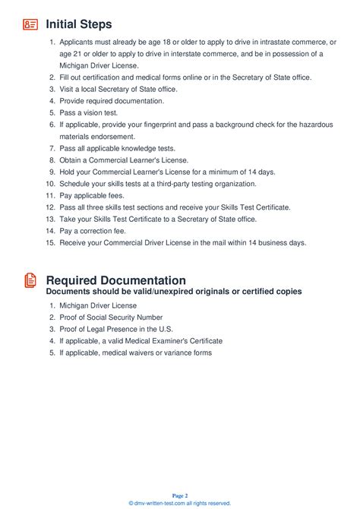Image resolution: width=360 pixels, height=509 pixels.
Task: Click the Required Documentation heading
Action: pyautogui.click(x=115, y=280)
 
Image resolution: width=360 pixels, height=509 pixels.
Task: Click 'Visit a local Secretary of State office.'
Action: pyautogui.click(x=118, y=89)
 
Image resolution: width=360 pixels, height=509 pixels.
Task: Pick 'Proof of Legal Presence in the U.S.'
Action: pyautogui.click(x=115, y=329)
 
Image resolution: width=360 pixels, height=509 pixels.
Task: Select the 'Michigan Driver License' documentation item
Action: pyautogui.click(x=99, y=305)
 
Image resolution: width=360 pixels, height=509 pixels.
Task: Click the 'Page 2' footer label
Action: pyautogui.click(x=179, y=495)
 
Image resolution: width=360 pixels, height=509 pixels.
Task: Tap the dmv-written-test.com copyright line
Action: pyautogui.click(x=179, y=503)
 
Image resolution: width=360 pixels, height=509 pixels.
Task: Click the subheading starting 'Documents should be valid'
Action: pyautogui.click(x=174, y=292)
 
